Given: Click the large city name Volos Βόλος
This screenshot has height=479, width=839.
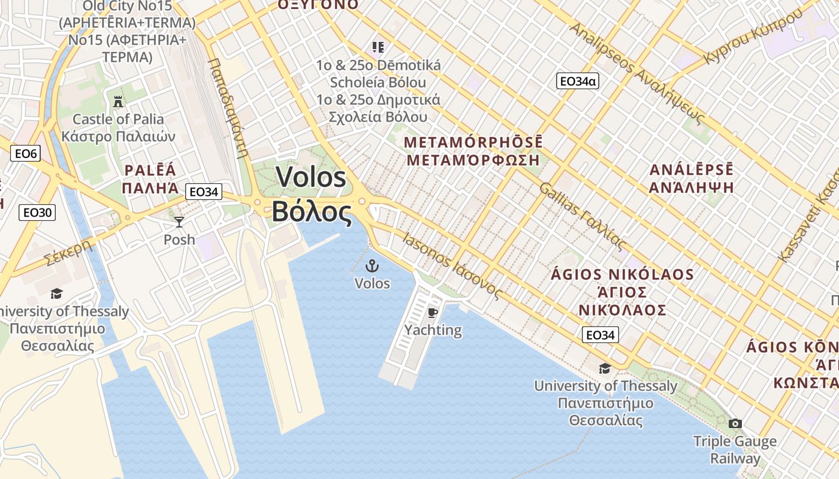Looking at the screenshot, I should click(x=311, y=195).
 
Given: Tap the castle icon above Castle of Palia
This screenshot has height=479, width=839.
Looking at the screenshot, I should click(x=118, y=101).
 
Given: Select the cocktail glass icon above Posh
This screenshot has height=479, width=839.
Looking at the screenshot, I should click(x=179, y=222).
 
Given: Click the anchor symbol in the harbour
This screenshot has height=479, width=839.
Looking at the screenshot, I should click(x=372, y=265).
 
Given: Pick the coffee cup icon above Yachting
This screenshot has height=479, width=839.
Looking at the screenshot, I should click(x=433, y=313).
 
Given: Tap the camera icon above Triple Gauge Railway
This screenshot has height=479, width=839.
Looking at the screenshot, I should click(x=735, y=423).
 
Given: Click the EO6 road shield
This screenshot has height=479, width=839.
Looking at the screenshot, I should click(x=26, y=154).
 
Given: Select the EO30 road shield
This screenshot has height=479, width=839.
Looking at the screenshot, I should click(x=38, y=212).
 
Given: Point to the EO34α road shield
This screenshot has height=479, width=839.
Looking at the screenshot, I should click(x=577, y=81).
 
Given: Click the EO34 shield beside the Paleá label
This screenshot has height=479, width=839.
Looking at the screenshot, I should click(x=203, y=192).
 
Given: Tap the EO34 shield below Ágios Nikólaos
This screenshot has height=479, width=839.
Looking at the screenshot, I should click(x=600, y=335).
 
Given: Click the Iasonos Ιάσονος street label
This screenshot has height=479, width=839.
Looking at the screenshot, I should click(x=452, y=266).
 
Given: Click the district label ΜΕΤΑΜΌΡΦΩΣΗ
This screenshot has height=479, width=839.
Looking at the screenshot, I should click(x=473, y=160).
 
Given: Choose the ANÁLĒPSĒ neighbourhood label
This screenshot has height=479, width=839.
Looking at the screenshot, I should click(x=692, y=169).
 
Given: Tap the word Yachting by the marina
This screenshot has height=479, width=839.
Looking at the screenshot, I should click(x=433, y=330).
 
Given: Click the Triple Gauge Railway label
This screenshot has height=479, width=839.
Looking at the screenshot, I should click(x=735, y=450).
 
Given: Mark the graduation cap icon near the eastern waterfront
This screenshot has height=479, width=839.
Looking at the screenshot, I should click(x=605, y=368).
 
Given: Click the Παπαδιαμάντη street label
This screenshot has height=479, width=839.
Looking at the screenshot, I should click(x=228, y=108).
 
